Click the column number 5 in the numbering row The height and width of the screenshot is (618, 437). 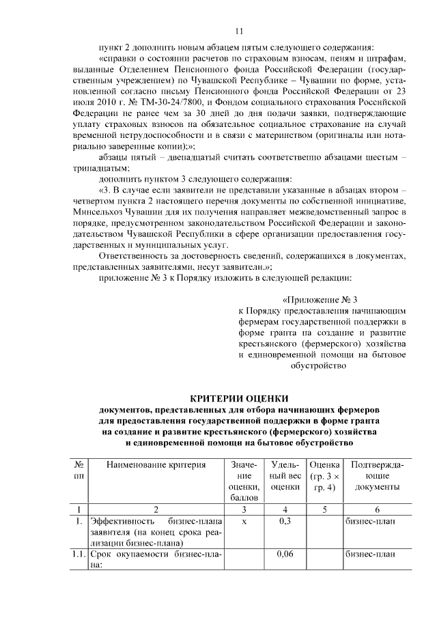[x=324, y=509]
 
